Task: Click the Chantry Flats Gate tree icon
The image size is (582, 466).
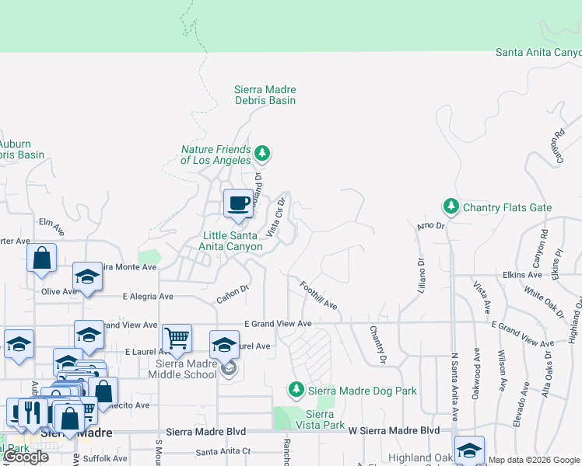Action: tap(451, 207)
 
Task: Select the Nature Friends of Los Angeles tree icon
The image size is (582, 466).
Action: tap(263, 152)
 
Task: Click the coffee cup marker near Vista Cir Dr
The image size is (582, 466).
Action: tap(238, 203)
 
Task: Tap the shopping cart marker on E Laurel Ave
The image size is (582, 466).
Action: tap(177, 339)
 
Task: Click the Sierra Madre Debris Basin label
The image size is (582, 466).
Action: tap(265, 95)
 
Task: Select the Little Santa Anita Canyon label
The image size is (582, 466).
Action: tap(232, 241)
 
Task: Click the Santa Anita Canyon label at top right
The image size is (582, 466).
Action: tap(538, 52)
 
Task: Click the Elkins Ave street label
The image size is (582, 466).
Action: tap(522, 274)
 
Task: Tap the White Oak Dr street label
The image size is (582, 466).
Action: tap(544, 302)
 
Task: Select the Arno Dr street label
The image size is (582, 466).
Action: tap(429, 226)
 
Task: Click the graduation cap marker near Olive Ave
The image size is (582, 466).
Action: tap(88, 277)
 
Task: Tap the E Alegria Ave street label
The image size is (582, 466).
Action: tap(148, 297)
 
